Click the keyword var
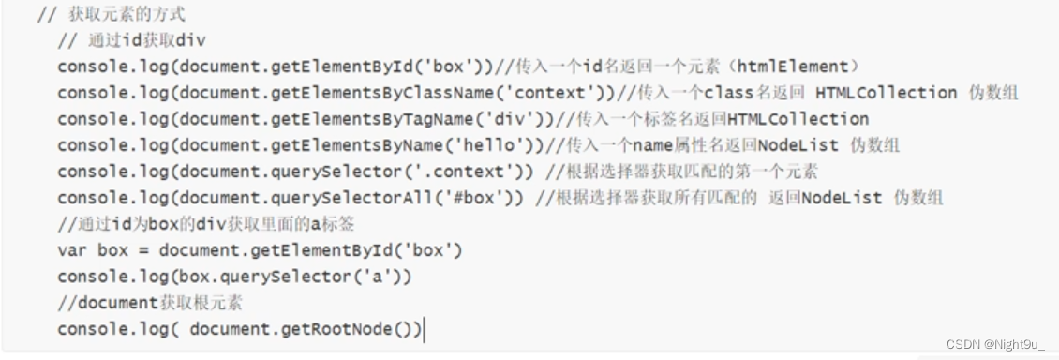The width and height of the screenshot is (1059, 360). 71,251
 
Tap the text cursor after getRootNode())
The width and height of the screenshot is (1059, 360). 424,330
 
